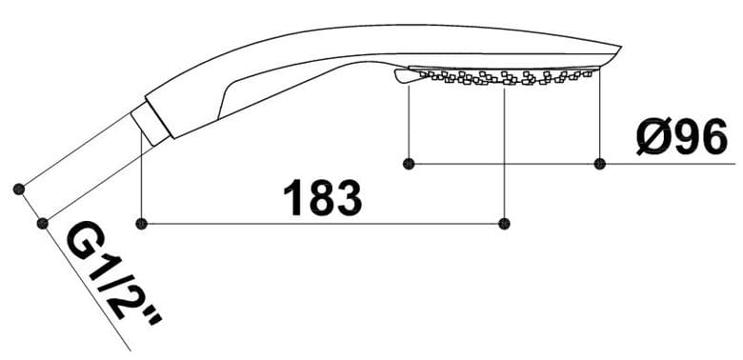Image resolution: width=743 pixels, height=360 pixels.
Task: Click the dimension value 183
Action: point(323,197)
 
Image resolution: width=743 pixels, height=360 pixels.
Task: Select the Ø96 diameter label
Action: point(682,136)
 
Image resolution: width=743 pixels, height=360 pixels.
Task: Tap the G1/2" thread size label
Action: point(114,272)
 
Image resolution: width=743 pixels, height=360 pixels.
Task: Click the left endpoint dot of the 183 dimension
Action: point(141,224)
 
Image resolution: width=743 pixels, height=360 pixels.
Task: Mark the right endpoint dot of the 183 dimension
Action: point(504,224)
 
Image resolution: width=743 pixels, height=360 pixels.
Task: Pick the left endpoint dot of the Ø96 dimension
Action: point(409,164)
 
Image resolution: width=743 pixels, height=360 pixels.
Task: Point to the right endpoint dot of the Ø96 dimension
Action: point(600,164)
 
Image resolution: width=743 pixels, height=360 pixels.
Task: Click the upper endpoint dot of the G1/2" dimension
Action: point(19,189)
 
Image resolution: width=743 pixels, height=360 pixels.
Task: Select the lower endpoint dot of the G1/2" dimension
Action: point(43,223)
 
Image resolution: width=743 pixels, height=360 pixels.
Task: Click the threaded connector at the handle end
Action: point(150,124)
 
